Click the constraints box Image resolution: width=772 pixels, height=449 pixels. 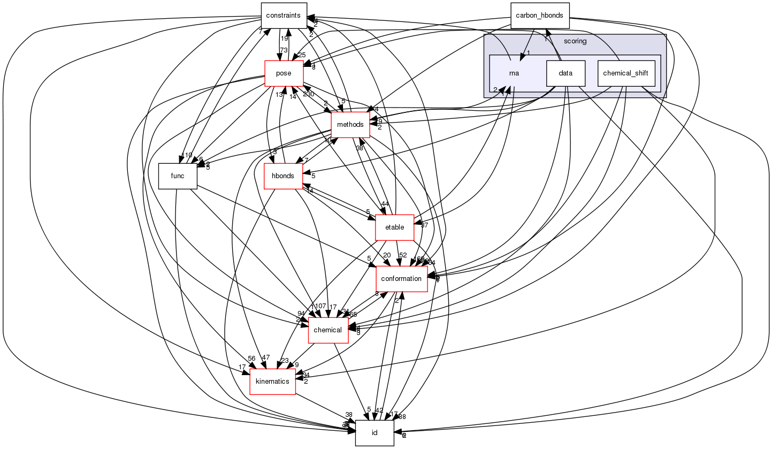tap(283, 16)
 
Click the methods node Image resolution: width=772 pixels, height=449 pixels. tap(350, 125)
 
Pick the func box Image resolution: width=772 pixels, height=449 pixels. tap(178, 176)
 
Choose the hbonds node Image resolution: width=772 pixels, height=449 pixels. tap(283, 176)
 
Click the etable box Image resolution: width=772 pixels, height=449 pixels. tap(394, 227)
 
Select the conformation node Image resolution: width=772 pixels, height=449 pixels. tap(401, 279)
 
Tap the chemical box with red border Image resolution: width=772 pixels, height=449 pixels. tap(328, 330)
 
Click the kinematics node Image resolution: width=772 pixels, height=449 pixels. tap(273, 382)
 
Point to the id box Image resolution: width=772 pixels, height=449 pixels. tap(374, 433)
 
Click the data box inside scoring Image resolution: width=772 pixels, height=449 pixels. tap(565, 73)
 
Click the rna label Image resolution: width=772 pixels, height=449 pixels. tap(514, 73)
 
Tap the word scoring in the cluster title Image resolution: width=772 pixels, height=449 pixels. tap(575, 41)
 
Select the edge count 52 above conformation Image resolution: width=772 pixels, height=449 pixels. tap(403, 255)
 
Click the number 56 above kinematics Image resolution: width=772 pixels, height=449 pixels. tap(251, 359)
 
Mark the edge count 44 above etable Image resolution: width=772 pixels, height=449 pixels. tap(385, 204)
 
